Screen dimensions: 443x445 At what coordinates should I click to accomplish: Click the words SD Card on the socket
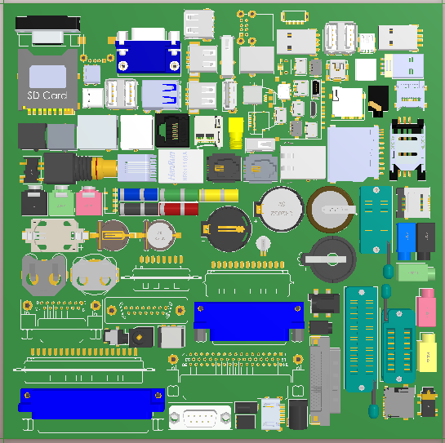(47, 95)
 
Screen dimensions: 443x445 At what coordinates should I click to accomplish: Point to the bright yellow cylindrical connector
(236, 131)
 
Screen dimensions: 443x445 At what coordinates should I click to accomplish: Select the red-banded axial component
(180, 210)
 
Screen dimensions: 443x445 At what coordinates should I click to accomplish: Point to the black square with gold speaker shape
(376, 102)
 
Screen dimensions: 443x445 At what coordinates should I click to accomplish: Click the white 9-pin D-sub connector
(200, 419)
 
